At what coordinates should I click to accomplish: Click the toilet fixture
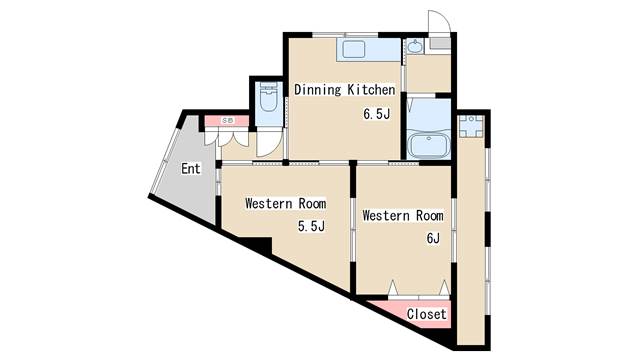click(x=268, y=98)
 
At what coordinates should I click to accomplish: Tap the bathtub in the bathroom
click(x=430, y=145)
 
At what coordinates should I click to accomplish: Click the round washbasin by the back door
click(x=415, y=46)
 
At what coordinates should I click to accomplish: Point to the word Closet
click(x=426, y=314)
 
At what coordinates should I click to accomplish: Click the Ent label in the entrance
click(x=191, y=168)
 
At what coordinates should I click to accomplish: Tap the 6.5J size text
click(x=376, y=114)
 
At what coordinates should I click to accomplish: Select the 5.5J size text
click(x=311, y=226)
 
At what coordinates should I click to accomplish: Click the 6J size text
click(x=433, y=238)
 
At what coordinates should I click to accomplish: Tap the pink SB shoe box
click(x=227, y=121)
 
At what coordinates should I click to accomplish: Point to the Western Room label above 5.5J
click(x=286, y=203)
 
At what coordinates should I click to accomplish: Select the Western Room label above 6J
click(x=402, y=215)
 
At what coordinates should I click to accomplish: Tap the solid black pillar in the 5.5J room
click(x=258, y=245)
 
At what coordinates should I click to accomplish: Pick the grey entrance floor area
click(x=185, y=190)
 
